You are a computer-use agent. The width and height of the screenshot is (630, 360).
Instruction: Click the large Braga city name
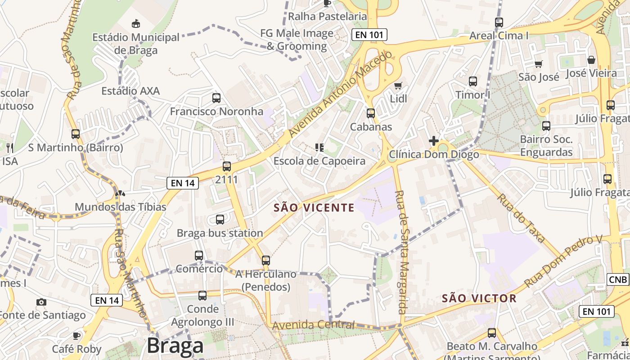[175, 346]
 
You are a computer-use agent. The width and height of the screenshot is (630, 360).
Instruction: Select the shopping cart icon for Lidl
[398, 85]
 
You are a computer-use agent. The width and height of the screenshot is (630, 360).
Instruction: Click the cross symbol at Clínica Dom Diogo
[433, 141]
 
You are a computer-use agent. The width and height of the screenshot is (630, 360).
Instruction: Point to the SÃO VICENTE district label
[314, 207]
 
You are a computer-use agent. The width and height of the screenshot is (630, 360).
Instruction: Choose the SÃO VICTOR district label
[479, 298]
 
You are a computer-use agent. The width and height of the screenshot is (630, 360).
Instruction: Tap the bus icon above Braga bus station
[220, 220]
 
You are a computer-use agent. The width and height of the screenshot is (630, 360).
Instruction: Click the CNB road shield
[618, 279]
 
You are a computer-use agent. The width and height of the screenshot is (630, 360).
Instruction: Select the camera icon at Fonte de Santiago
[41, 302]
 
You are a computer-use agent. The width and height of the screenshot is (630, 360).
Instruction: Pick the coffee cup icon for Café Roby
[76, 335]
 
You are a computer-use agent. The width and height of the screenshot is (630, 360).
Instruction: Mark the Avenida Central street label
[314, 325]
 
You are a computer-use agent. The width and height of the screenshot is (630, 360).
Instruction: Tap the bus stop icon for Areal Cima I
[499, 22]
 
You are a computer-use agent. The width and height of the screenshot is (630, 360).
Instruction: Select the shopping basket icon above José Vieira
[591, 60]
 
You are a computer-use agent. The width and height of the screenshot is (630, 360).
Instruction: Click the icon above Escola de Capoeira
[319, 147]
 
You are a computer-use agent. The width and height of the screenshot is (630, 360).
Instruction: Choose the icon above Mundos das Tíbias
[120, 194]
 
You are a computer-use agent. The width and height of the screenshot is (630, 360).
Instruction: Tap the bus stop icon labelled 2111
[226, 166]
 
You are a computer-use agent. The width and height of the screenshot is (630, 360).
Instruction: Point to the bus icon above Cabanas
[371, 113]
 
